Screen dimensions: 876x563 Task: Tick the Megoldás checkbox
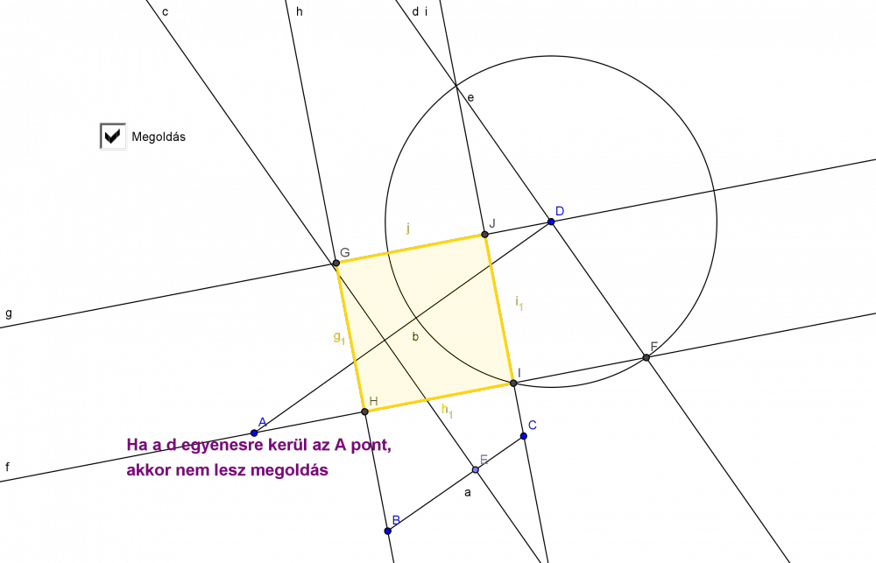pos(113,137)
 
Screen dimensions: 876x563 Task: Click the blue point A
pos(254,433)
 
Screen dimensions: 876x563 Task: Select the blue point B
pos(388,531)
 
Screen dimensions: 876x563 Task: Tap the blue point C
pos(524,436)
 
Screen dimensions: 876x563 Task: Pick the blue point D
pos(551,222)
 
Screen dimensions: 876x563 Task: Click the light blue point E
pos(476,469)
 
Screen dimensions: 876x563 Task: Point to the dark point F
pos(646,357)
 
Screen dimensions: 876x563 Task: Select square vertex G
pos(336,263)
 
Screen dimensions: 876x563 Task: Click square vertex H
pos(364,412)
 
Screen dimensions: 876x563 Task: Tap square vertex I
pos(513,384)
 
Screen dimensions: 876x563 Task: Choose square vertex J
pos(484,235)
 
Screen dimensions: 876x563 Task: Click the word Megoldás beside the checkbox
pos(159,137)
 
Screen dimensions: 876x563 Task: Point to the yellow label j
pos(408,228)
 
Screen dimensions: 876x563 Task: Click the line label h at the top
pos(300,11)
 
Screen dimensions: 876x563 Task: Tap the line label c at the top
pos(166,12)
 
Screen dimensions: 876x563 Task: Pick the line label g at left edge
pos(9,313)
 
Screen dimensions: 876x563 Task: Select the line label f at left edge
pos(7,467)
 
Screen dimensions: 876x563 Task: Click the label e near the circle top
pos(470,98)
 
